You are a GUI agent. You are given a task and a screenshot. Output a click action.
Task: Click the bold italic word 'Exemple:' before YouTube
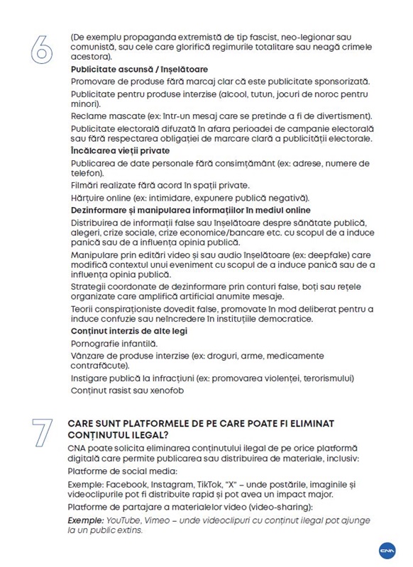click(90, 520)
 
